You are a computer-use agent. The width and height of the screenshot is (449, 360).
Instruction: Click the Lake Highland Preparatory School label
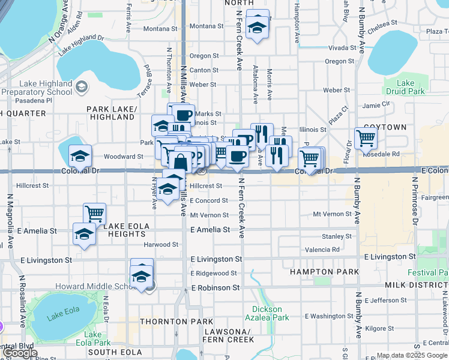pos(37,88)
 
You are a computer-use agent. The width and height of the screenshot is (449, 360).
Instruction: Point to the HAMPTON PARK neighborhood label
pos(324,272)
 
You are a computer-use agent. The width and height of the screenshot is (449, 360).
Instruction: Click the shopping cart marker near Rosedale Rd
pos(366,139)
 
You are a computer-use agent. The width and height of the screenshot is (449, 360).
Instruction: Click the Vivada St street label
pos(343,47)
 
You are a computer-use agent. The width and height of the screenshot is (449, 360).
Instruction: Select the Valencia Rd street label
pos(322,249)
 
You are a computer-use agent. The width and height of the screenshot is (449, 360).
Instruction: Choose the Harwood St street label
pos(158,244)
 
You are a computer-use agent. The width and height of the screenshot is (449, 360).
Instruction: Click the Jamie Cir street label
pos(377,105)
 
